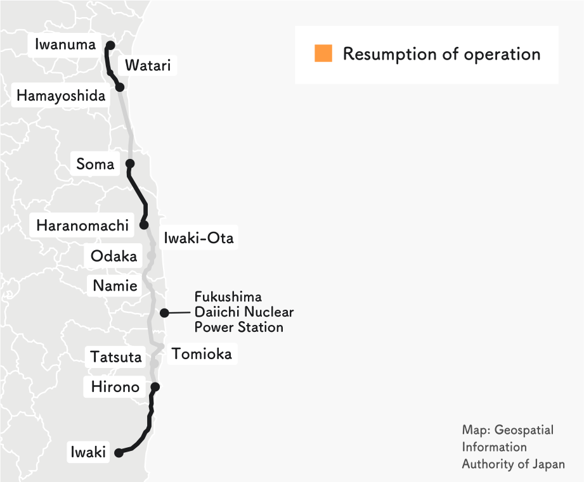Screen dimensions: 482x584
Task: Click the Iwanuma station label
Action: pos(65,44)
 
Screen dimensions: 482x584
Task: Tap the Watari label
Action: pos(147,65)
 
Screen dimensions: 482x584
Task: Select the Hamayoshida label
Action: pos(61,96)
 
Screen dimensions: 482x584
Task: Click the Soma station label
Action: pos(95,164)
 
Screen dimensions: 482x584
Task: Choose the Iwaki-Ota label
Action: pos(198,238)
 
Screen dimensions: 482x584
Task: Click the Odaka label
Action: pos(114,257)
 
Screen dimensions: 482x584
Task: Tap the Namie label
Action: pos(115,286)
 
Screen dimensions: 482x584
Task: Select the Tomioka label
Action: pos(202,353)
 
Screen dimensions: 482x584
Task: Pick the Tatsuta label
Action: pos(115,357)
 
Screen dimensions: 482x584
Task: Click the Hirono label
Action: pos(115,386)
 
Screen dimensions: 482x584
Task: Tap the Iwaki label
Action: pos(88,453)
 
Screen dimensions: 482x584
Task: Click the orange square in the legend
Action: pos(323,54)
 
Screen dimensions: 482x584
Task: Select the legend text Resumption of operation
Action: pos(441,54)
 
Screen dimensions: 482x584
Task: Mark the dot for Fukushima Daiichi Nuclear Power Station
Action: pos(164,312)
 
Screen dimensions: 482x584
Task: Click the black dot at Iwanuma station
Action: pos(110,45)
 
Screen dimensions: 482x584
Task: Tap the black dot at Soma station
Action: pos(130,163)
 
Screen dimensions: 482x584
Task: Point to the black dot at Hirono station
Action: pos(155,386)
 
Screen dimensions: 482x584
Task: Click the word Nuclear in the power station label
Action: pos(266,312)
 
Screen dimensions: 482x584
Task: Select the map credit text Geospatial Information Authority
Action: pos(513,447)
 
